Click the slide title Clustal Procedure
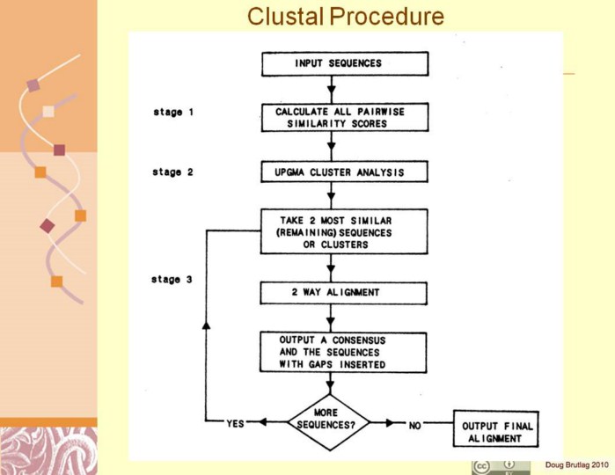(345, 16)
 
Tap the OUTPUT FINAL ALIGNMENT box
(493, 431)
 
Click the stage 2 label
(172, 172)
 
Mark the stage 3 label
(172, 280)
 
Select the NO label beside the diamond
(416, 424)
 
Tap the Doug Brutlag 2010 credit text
(576, 464)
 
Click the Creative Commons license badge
(501, 466)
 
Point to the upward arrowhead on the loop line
(207, 325)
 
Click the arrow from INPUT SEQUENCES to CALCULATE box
(332, 89)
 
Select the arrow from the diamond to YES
(268, 424)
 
